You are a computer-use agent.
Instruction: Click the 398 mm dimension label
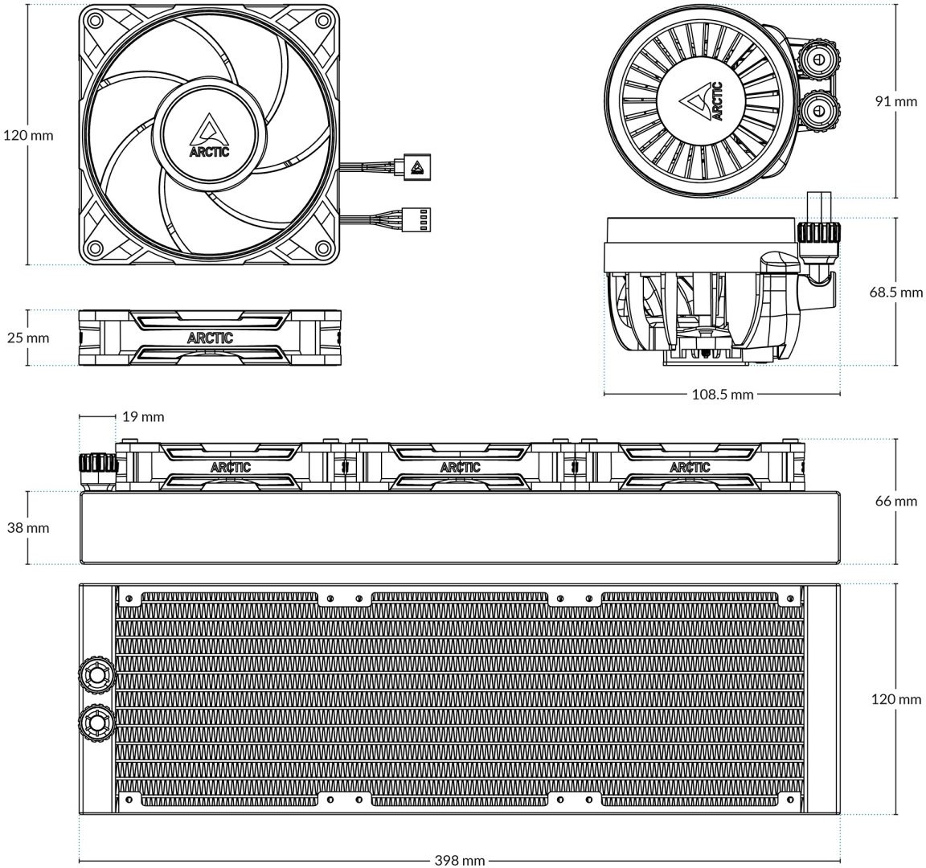pos(460,860)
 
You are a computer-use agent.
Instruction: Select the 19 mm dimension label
pos(144,417)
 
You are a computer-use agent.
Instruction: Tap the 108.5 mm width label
pos(723,395)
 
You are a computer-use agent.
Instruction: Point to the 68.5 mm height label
pos(896,293)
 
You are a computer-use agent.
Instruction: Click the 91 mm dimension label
pos(896,101)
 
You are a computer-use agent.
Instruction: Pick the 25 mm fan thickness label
pos(28,338)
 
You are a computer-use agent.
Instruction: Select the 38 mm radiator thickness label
pos(28,528)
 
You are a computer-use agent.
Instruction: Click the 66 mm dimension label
pos(896,502)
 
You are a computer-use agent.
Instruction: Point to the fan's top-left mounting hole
pos(92,19)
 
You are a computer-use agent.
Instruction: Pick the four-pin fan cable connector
pos(417,219)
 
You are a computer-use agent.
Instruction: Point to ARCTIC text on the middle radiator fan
pos(461,468)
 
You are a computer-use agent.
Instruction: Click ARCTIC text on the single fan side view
pos(211,338)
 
